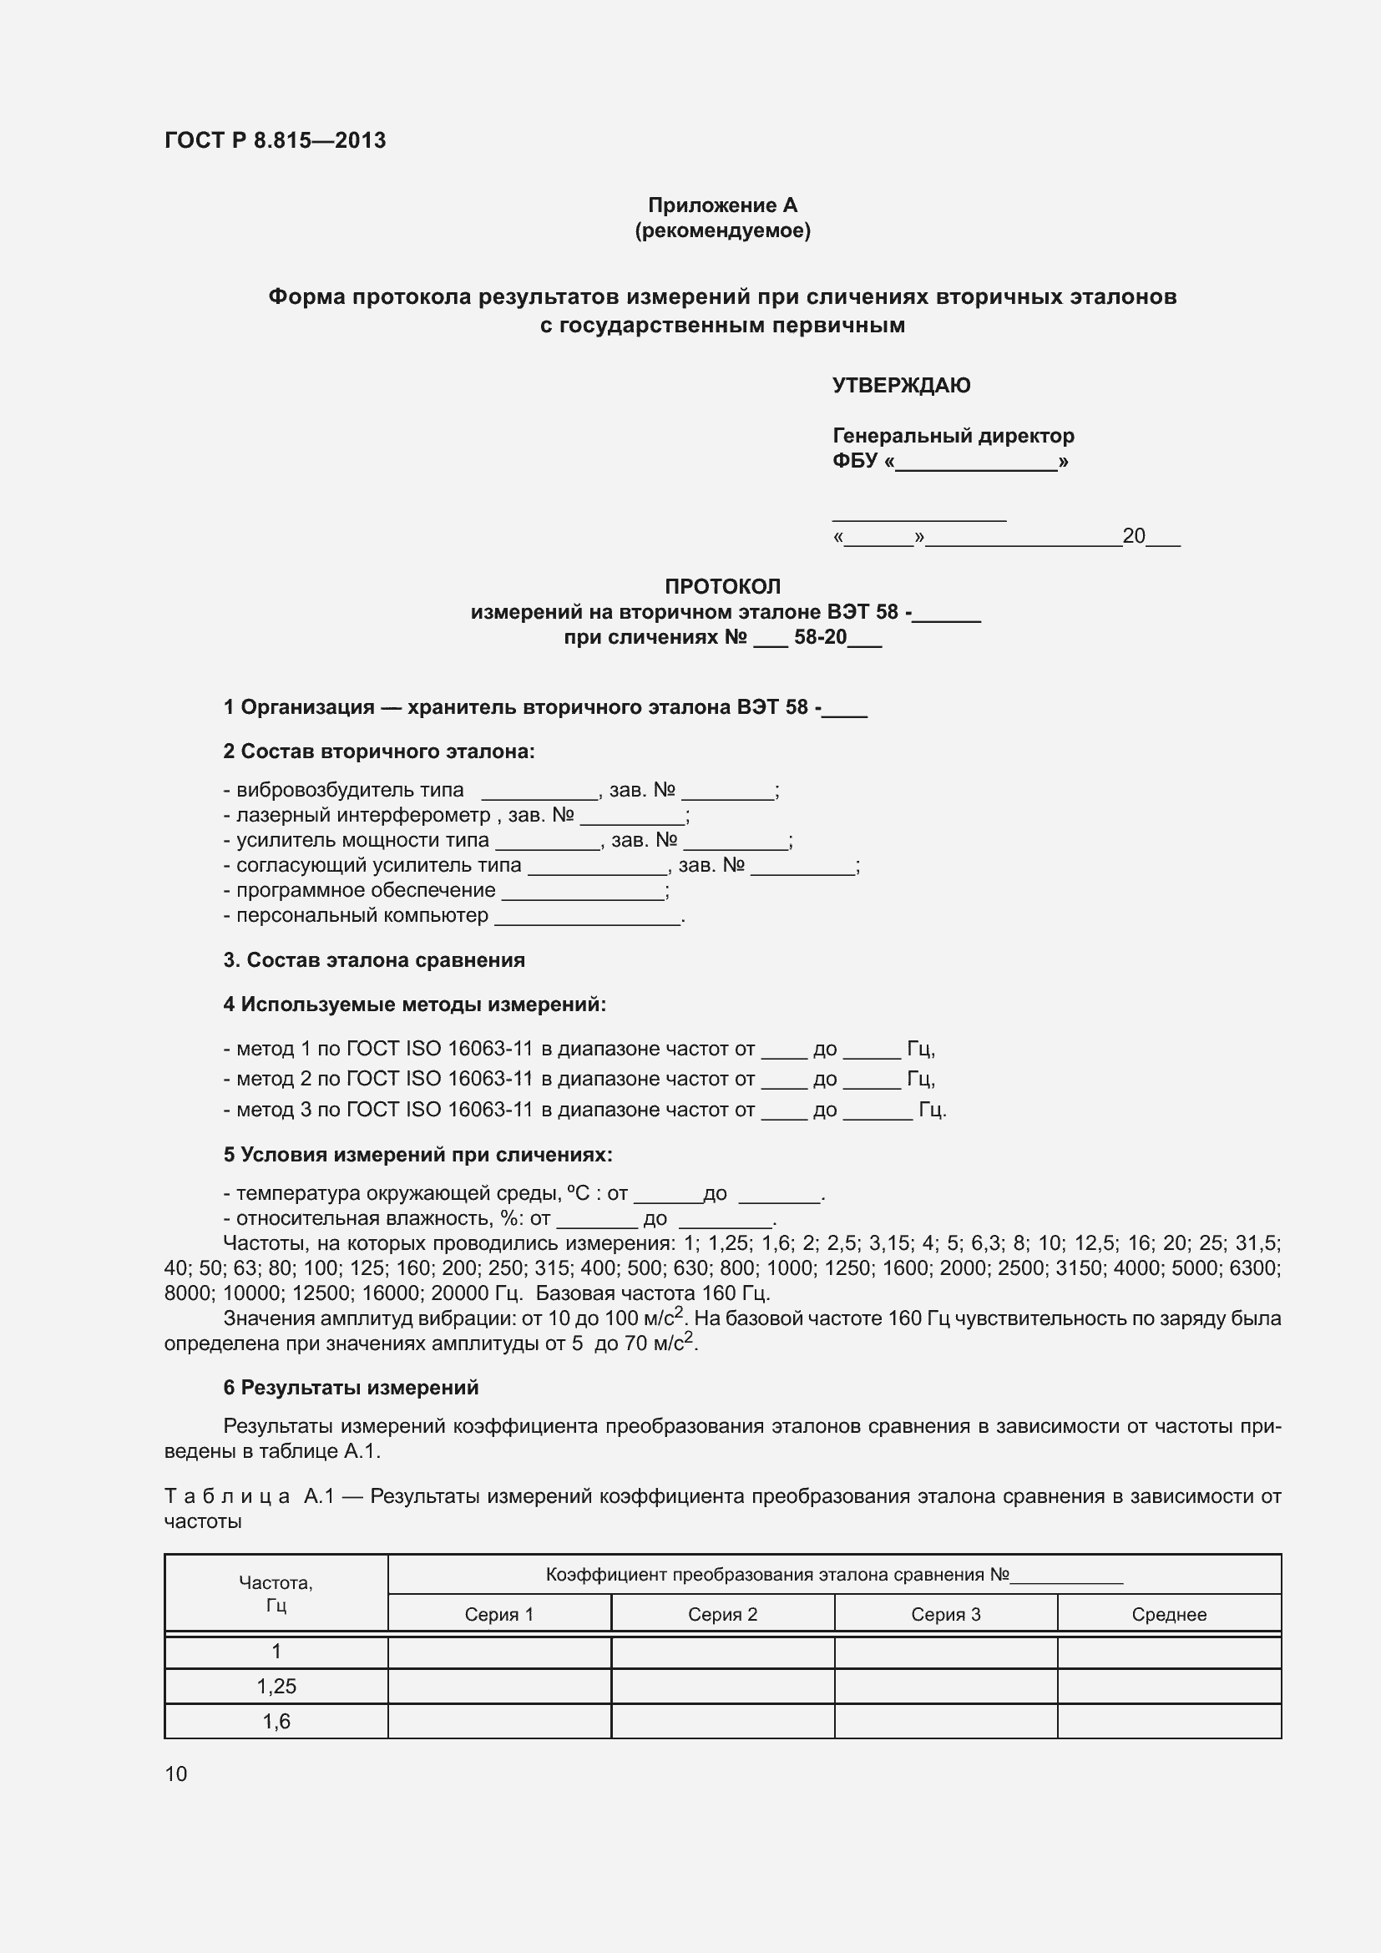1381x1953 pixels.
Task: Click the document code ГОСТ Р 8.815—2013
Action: point(275,140)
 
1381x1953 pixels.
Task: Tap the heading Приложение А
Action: point(722,205)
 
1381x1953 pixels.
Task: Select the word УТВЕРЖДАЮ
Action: point(901,385)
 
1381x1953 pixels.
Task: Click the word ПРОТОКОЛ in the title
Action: point(722,586)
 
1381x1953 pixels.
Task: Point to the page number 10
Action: point(176,1773)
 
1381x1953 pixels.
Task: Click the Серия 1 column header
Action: point(499,1615)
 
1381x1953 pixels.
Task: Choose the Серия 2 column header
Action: point(722,1615)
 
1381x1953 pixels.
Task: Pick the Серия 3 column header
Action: point(946,1615)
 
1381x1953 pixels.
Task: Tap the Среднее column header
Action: point(1168,1615)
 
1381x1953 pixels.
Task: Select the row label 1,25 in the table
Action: point(276,1686)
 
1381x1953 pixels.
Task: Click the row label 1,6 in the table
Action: point(276,1721)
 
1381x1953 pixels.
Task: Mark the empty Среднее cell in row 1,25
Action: point(1168,1686)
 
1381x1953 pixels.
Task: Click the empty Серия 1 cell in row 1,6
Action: point(499,1721)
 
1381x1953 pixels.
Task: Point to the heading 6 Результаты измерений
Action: point(352,1388)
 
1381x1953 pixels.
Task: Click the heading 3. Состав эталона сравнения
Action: point(374,960)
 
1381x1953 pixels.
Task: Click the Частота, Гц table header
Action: point(276,1594)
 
